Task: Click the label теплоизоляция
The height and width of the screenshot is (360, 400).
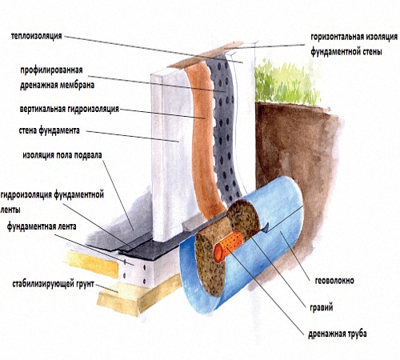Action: pyautogui.click(x=36, y=36)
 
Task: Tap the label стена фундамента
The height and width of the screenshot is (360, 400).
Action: pyautogui.click(x=50, y=130)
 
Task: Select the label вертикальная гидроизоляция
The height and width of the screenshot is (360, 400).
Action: pyautogui.click(x=70, y=109)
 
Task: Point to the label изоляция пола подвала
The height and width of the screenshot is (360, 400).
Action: pyautogui.click(x=62, y=155)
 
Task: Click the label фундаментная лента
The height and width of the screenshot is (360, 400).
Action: pyautogui.click(x=42, y=226)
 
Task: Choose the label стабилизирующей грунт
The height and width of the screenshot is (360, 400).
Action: pyautogui.click(x=54, y=284)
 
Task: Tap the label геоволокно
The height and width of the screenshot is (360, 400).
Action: pyautogui.click(x=334, y=281)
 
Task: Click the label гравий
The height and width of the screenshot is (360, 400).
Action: pyautogui.click(x=322, y=307)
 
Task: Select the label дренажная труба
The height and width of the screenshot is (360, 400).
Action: pyautogui.click(x=338, y=334)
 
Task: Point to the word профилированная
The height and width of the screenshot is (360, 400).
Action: pyautogui.click(x=51, y=70)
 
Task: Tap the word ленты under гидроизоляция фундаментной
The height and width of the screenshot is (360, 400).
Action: pyautogui.click(x=10, y=210)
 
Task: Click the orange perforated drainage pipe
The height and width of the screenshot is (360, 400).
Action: pyautogui.click(x=228, y=246)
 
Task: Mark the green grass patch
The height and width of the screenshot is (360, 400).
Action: pyautogui.click(x=286, y=82)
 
